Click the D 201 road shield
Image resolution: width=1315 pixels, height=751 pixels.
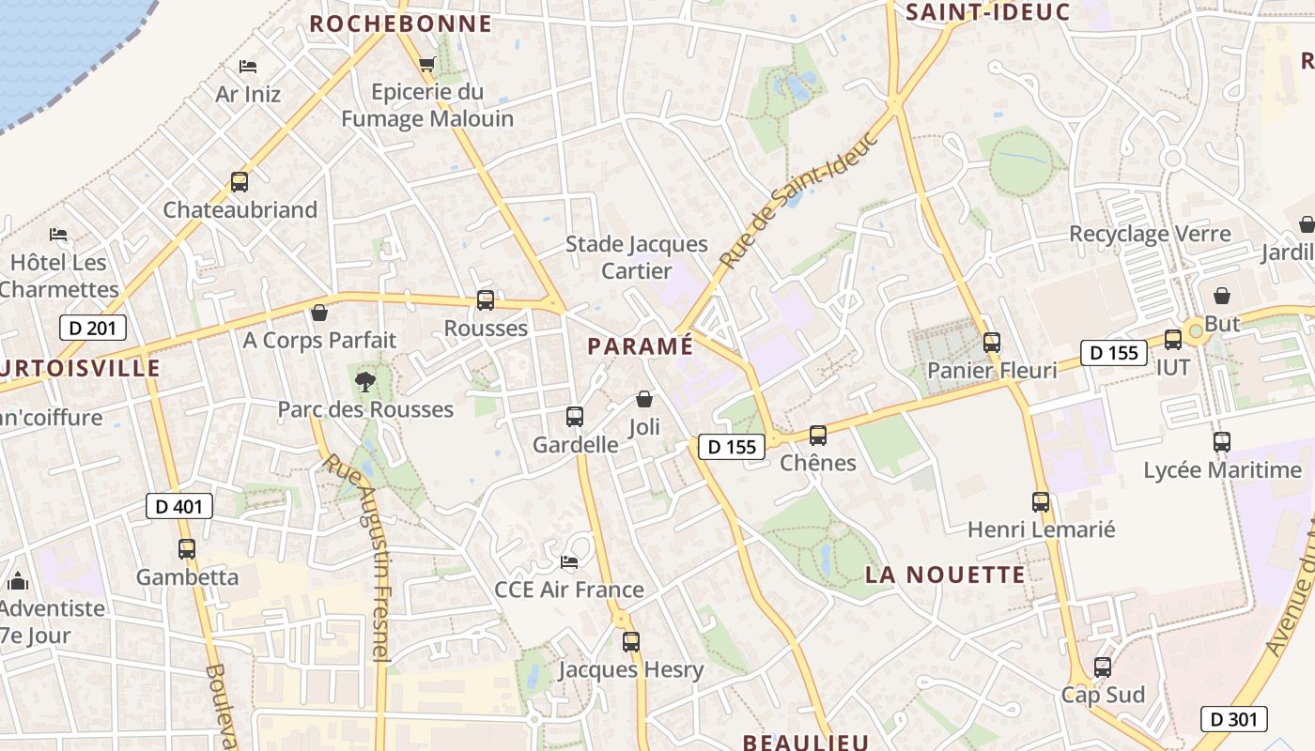[x=92, y=328]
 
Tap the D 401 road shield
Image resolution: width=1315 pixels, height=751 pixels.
[x=179, y=507]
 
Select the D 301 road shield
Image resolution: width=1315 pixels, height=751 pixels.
[x=1234, y=720]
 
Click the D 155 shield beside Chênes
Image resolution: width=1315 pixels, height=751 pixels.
[x=731, y=447]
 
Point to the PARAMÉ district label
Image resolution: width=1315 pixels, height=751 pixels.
[x=640, y=346]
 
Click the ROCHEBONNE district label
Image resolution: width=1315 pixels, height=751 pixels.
[x=400, y=23]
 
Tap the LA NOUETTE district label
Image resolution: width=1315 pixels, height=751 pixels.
[x=945, y=575]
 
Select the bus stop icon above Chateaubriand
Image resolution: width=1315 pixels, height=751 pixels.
[x=240, y=182]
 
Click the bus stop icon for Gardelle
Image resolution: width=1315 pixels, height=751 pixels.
[x=575, y=416]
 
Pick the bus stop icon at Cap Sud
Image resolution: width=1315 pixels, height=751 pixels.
[x=1103, y=667]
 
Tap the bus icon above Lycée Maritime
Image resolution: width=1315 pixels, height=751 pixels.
[x=1222, y=441]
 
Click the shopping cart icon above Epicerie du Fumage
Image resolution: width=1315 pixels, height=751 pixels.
[x=427, y=65]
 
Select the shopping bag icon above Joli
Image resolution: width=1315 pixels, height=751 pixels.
[x=644, y=400]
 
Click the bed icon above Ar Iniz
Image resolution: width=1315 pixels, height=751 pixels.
[x=248, y=67]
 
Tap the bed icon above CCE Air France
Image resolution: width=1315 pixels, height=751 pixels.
[x=569, y=562]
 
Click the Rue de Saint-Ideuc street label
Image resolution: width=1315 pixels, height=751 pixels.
[x=800, y=199]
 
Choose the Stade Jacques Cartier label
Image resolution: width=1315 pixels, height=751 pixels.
[x=637, y=257]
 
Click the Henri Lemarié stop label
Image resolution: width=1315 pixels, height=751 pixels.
[x=1041, y=529]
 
